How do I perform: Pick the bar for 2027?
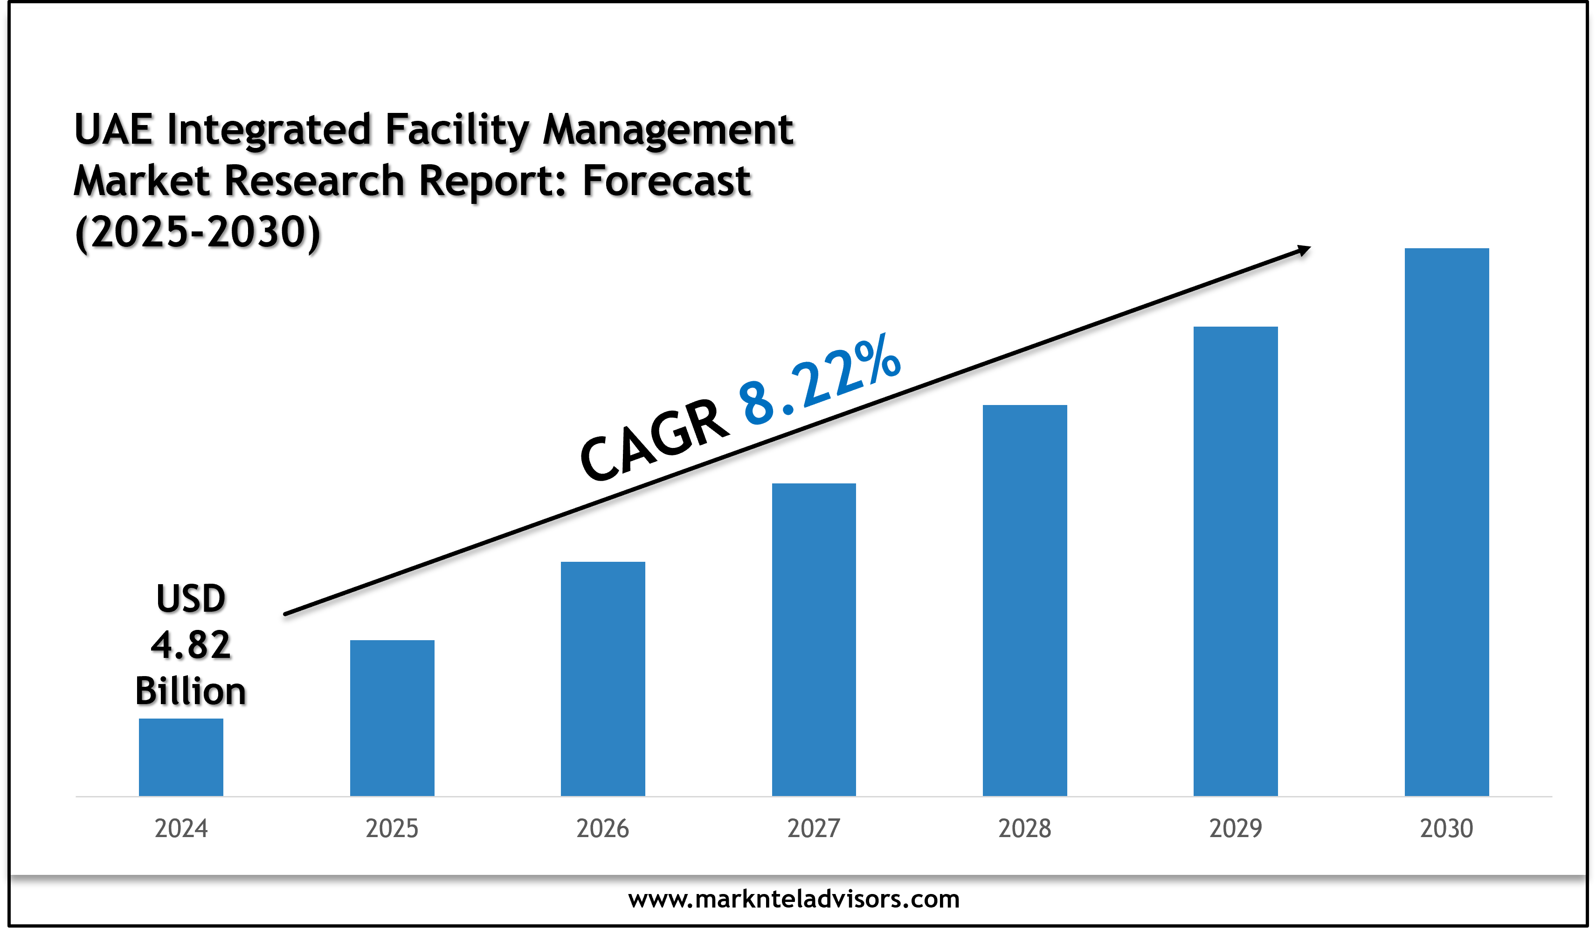click(x=814, y=639)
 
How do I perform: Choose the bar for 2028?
click(x=1025, y=600)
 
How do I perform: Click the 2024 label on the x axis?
click(x=181, y=828)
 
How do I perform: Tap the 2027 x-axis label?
click(x=814, y=828)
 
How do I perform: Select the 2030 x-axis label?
click(x=1446, y=828)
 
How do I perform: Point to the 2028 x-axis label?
click(x=1025, y=828)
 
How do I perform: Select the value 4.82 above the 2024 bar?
click(x=191, y=645)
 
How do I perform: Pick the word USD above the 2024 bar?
click(x=191, y=598)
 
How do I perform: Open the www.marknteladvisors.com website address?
click(x=794, y=899)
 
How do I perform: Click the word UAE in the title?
click(x=113, y=129)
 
